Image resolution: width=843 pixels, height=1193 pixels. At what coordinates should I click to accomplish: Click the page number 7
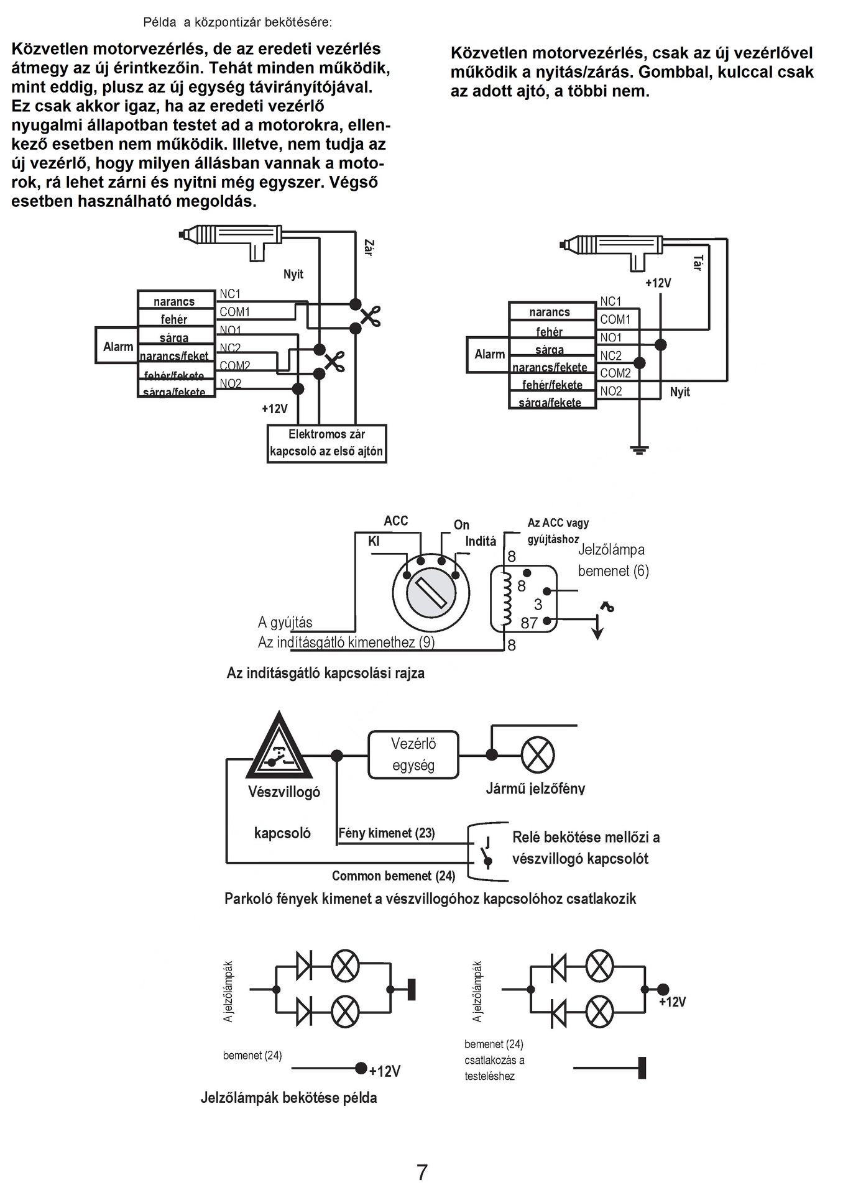(x=422, y=1172)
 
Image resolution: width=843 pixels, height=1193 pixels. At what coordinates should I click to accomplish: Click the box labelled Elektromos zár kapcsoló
(x=326, y=444)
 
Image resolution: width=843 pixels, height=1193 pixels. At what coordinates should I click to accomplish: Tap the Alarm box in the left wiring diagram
(x=117, y=347)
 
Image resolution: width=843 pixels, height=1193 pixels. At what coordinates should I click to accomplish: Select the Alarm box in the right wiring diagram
(x=489, y=354)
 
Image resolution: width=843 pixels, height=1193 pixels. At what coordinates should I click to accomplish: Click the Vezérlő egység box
(x=413, y=754)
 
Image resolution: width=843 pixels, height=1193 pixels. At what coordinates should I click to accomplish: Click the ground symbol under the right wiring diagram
(x=639, y=449)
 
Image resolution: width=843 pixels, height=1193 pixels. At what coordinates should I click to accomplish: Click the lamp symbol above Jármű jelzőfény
(x=537, y=755)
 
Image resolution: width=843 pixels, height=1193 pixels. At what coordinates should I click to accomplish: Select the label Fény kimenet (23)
(x=386, y=833)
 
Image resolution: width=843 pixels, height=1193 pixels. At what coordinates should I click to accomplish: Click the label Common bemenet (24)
(x=393, y=876)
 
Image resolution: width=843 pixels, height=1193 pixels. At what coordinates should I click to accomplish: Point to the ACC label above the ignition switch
(x=395, y=521)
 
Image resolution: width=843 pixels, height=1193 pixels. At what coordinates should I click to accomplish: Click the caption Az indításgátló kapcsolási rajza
(x=325, y=673)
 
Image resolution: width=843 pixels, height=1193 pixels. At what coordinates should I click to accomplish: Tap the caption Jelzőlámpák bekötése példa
(x=288, y=1097)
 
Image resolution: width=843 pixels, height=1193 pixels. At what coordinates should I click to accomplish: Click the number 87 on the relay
(x=529, y=623)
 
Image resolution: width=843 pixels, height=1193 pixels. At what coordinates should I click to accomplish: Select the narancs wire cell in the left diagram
(x=175, y=301)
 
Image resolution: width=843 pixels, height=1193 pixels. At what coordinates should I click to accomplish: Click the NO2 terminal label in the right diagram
(x=611, y=391)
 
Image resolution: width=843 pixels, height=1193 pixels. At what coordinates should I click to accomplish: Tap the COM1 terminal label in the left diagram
(x=234, y=312)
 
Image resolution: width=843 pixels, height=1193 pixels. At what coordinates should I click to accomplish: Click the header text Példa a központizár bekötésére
(x=237, y=22)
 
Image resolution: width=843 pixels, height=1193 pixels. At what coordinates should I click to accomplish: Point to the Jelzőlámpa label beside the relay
(x=611, y=549)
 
